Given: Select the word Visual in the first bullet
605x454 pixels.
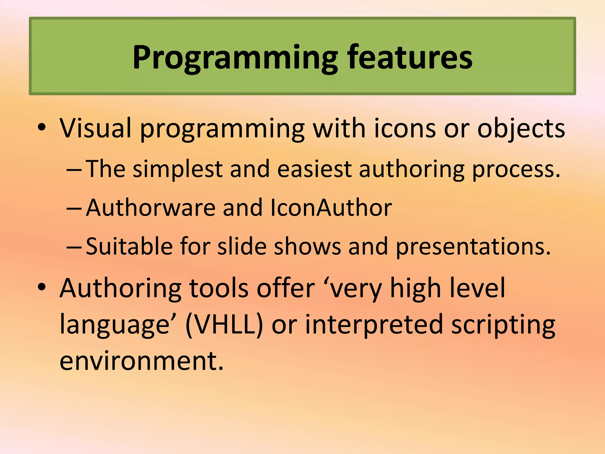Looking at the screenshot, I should pyautogui.click(x=95, y=128).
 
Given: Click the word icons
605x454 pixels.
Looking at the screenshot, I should pyautogui.click(x=404, y=128).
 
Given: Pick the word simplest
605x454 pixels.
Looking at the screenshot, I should pyautogui.click(x=178, y=169).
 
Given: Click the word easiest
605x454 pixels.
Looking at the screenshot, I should pyautogui.click(x=314, y=169).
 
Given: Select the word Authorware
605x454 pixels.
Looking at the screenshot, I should pyautogui.click(x=151, y=207).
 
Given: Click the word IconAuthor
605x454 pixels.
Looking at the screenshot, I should pyautogui.click(x=331, y=207).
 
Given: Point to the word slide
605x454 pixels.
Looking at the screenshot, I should pyautogui.click(x=242, y=246).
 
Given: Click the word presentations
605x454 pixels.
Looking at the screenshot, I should pyautogui.click(x=473, y=247).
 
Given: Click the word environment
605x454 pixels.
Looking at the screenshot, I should pyautogui.click(x=141, y=361).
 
